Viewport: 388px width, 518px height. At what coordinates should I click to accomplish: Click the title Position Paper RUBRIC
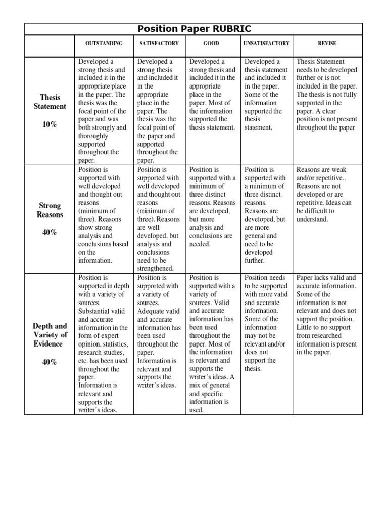coord(193,29)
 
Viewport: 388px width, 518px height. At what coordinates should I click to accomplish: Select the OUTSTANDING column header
coord(104,44)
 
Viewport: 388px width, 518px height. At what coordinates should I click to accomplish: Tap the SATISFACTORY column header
coord(159,44)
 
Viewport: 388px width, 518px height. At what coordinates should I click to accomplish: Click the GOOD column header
coord(211,44)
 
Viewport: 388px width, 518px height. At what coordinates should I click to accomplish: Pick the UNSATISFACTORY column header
coord(266,44)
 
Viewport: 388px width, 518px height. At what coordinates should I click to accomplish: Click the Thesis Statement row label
coord(50,102)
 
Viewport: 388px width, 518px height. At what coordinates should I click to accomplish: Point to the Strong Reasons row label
coord(50,210)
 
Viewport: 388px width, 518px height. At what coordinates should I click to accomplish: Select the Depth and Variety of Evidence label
coord(50,335)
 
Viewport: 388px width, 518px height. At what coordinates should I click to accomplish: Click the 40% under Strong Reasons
coord(50,232)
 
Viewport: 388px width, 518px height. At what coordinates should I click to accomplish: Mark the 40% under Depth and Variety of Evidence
coord(50,362)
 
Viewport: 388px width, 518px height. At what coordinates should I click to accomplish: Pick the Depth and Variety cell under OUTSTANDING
coord(104,343)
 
